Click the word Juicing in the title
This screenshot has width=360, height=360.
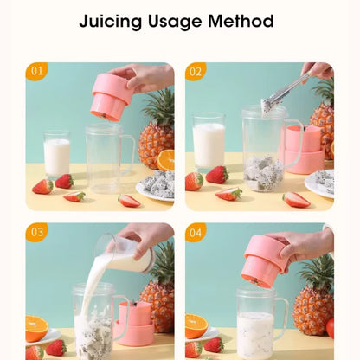111,22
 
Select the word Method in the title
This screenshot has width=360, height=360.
241,21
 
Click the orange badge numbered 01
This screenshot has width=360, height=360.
36,71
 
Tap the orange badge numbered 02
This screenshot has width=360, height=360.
196,71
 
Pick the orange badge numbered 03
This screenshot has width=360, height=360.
36,232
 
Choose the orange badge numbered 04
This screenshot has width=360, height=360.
196,232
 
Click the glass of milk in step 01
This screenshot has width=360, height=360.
57,154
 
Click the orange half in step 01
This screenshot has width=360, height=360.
166,160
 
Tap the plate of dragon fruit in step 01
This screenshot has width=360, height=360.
156,186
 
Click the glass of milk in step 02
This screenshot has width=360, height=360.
209,143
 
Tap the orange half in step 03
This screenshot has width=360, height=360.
36,328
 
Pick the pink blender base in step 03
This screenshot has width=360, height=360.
136,324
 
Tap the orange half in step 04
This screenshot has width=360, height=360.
196,326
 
